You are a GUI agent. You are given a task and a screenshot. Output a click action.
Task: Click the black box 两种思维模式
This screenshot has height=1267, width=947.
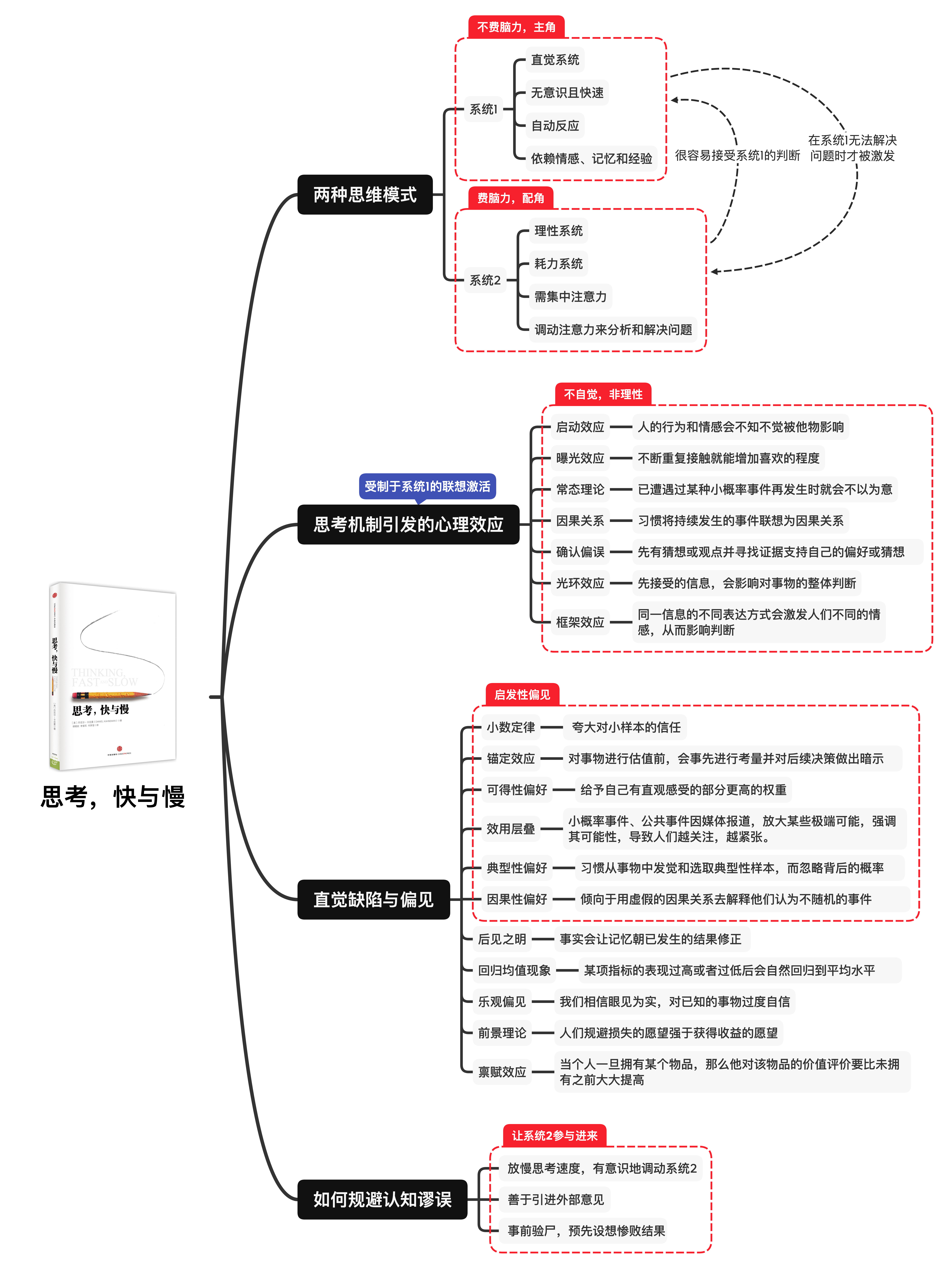click(365, 195)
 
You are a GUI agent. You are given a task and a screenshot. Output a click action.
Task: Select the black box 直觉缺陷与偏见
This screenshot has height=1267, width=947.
click(373, 899)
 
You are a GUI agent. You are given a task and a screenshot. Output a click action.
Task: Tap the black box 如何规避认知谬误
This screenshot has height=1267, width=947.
click(382, 1199)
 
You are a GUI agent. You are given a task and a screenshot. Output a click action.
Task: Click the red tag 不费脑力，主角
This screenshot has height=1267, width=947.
click(516, 27)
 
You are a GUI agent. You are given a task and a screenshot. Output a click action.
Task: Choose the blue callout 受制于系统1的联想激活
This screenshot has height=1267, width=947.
click(427, 486)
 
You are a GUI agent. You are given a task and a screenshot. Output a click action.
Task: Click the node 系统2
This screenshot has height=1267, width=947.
click(485, 280)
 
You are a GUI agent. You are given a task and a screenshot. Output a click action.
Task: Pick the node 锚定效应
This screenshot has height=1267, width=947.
click(510, 758)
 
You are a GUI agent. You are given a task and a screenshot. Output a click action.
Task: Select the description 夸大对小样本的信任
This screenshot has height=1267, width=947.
click(626, 727)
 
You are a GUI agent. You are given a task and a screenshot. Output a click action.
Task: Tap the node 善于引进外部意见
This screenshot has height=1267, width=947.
click(555, 1199)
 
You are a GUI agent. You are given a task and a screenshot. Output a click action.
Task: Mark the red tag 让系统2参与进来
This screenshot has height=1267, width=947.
click(554, 1135)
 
